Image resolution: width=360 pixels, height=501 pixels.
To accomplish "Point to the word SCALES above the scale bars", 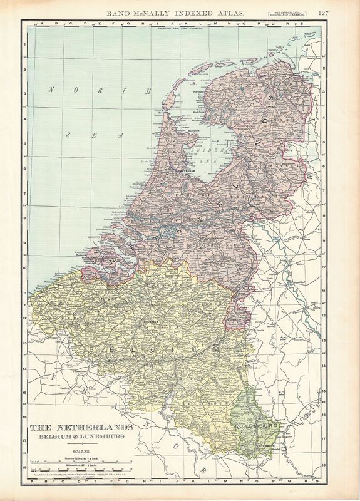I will (81, 450).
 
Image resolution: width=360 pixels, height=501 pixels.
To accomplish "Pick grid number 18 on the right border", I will (326, 467).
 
